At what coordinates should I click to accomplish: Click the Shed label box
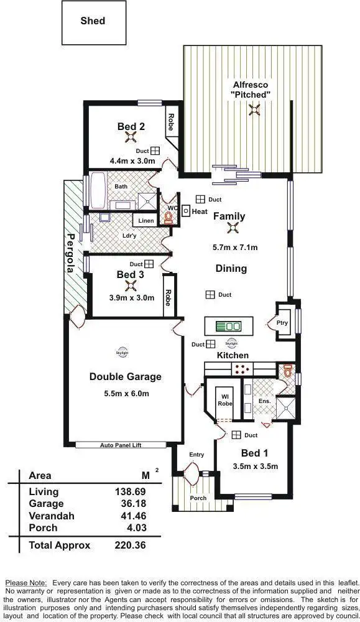(93, 21)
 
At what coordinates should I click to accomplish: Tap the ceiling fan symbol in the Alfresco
(254, 110)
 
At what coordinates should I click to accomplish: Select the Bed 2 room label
(131, 127)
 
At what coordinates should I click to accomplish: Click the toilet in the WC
(167, 217)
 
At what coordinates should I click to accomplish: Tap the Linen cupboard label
(146, 221)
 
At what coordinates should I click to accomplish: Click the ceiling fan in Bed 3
(131, 285)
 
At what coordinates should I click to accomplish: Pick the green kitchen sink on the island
(229, 326)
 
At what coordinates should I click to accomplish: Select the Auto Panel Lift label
(121, 445)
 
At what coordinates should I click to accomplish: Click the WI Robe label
(224, 399)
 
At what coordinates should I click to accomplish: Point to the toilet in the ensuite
(287, 371)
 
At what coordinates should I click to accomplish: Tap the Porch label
(198, 498)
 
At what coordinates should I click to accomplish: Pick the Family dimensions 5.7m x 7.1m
(234, 248)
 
